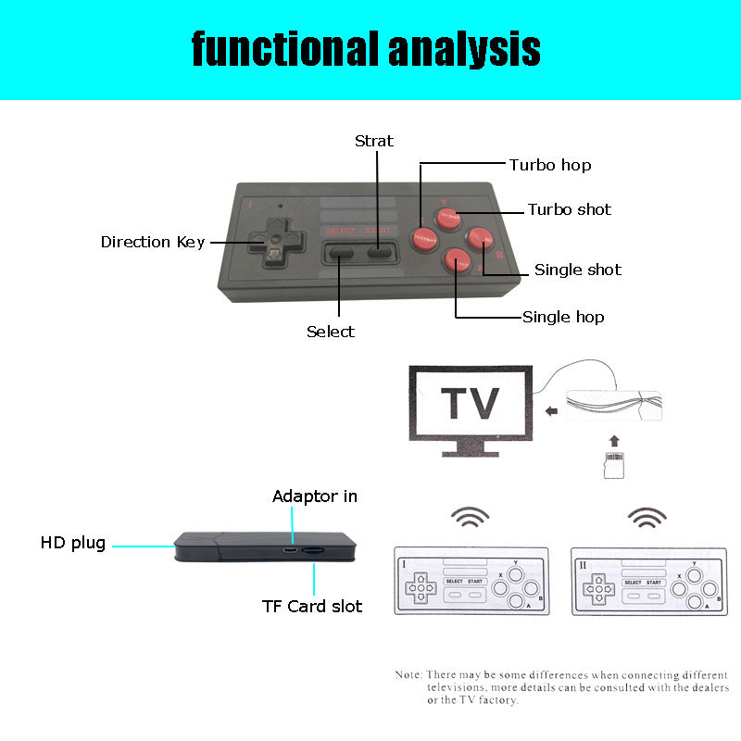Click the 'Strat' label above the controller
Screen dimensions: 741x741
[x=374, y=141]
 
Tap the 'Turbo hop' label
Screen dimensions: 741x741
[x=549, y=165]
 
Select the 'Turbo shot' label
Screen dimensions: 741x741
[x=569, y=209]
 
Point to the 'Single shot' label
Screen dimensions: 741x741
[x=577, y=270]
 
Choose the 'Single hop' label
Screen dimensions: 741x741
[x=563, y=317]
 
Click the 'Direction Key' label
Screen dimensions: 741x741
[x=152, y=242]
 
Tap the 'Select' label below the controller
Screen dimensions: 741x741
[x=331, y=331]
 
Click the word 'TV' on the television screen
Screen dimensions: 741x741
[x=469, y=404]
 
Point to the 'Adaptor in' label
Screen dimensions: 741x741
[x=314, y=496]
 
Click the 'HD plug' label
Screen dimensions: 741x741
[x=72, y=543]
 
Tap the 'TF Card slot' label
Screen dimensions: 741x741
[x=312, y=607]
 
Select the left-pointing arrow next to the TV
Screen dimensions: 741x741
[x=552, y=408]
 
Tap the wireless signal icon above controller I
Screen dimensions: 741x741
[x=470, y=519]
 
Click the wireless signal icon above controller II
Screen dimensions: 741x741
[x=647, y=519]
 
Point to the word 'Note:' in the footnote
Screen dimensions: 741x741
[x=408, y=674]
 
